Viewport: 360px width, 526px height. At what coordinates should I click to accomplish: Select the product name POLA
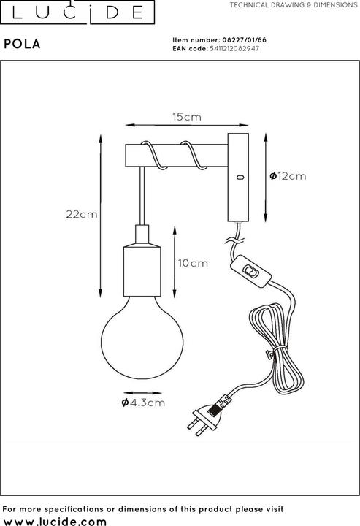(x=22, y=44)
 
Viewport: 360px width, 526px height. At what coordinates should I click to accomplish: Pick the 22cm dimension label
(x=81, y=214)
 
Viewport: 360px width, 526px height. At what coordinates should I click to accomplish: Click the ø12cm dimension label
(x=287, y=176)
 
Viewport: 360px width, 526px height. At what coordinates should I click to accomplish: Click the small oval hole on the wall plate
(x=239, y=177)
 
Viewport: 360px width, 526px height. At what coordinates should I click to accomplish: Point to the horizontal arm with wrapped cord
(x=175, y=156)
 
